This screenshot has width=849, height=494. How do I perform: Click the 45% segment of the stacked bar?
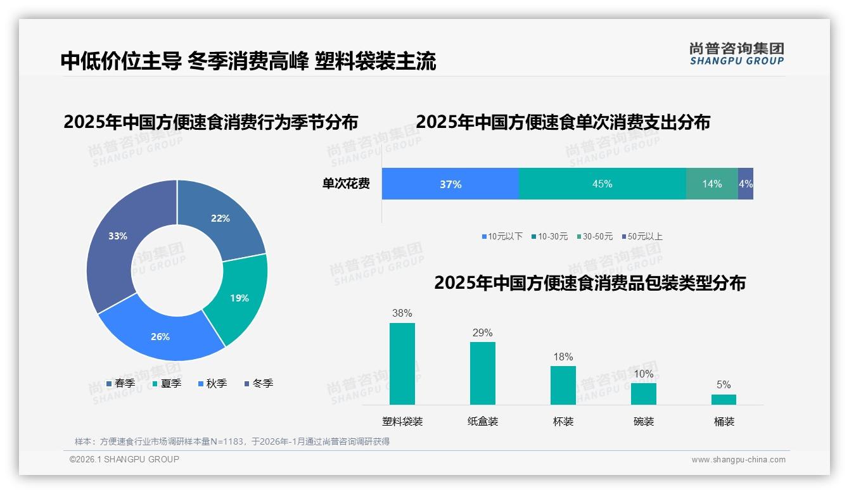(x=602, y=184)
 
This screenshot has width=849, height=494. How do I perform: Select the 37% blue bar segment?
(x=450, y=184)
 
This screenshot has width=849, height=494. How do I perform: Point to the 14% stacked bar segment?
(x=712, y=184)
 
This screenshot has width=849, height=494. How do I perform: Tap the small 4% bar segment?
(x=746, y=184)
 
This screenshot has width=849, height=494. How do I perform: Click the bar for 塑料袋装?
(x=402, y=364)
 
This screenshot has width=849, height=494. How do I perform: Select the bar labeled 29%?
(x=482, y=374)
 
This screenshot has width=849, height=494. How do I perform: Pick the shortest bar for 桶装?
(x=724, y=400)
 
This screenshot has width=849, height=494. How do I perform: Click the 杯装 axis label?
(x=563, y=421)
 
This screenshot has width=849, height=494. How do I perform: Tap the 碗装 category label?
(x=643, y=421)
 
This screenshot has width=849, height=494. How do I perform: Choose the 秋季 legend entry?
(x=213, y=383)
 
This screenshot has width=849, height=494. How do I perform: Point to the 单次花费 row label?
(x=346, y=184)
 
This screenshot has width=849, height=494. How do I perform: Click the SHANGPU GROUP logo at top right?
(x=736, y=54)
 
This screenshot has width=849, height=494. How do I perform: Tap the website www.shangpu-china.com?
(x=738, y=459)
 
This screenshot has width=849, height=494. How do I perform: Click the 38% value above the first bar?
(x=402, y=313)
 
